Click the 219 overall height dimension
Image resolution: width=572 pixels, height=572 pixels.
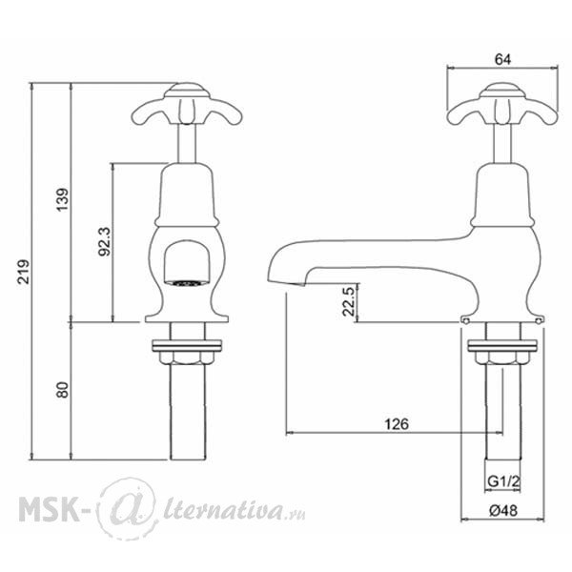click(24, 272)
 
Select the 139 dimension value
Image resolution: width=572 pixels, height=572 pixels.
click(62, 199)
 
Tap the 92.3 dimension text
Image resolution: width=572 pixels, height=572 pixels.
click(105, 241)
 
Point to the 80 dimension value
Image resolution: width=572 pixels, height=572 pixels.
click(62, 390)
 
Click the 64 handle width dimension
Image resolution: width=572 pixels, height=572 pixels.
click(503, 59)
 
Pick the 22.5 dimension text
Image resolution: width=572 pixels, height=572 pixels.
click(348, 301)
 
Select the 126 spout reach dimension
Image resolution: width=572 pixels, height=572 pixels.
click(397, 424)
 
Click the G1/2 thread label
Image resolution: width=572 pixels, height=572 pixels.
click(503, 481)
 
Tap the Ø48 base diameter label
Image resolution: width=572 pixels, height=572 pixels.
click(503, 511)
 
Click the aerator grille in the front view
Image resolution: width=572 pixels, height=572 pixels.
click(187, 283)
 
